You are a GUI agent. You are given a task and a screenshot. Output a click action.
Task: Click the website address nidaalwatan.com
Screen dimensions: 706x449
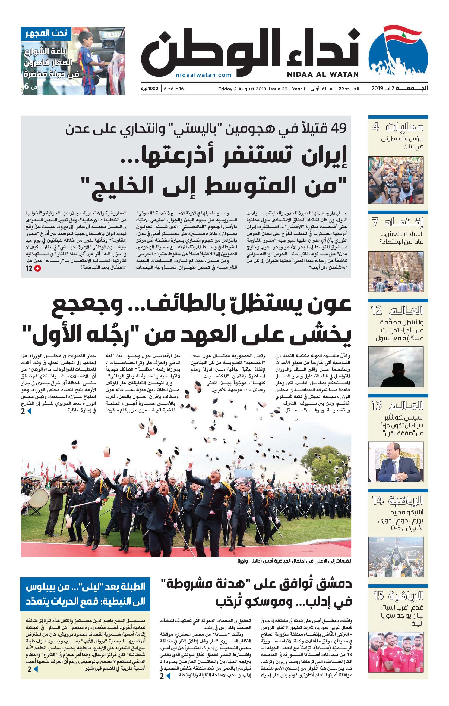(204, 75)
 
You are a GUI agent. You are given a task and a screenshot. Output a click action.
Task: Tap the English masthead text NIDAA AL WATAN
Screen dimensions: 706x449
(323, 74)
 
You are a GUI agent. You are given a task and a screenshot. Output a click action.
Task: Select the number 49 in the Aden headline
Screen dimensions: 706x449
(338, 128)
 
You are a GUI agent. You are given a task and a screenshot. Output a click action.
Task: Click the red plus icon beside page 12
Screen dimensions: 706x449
(38, 268)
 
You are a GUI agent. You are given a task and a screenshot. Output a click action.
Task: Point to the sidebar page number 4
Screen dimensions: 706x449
(375, 127)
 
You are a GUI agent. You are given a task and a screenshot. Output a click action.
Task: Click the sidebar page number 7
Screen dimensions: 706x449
(375, 222)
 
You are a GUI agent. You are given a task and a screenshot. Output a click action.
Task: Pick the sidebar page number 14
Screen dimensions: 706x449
(378, 501)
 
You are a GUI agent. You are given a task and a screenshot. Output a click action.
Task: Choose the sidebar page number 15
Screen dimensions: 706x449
(378, 595)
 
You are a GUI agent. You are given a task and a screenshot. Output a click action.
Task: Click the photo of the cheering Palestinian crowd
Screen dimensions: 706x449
(396, 180)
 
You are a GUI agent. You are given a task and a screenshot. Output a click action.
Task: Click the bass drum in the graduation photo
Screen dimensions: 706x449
(38, 498)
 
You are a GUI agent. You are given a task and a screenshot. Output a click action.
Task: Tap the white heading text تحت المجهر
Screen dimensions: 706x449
(46, 33)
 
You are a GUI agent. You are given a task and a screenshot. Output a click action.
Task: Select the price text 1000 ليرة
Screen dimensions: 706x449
(150, 89)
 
